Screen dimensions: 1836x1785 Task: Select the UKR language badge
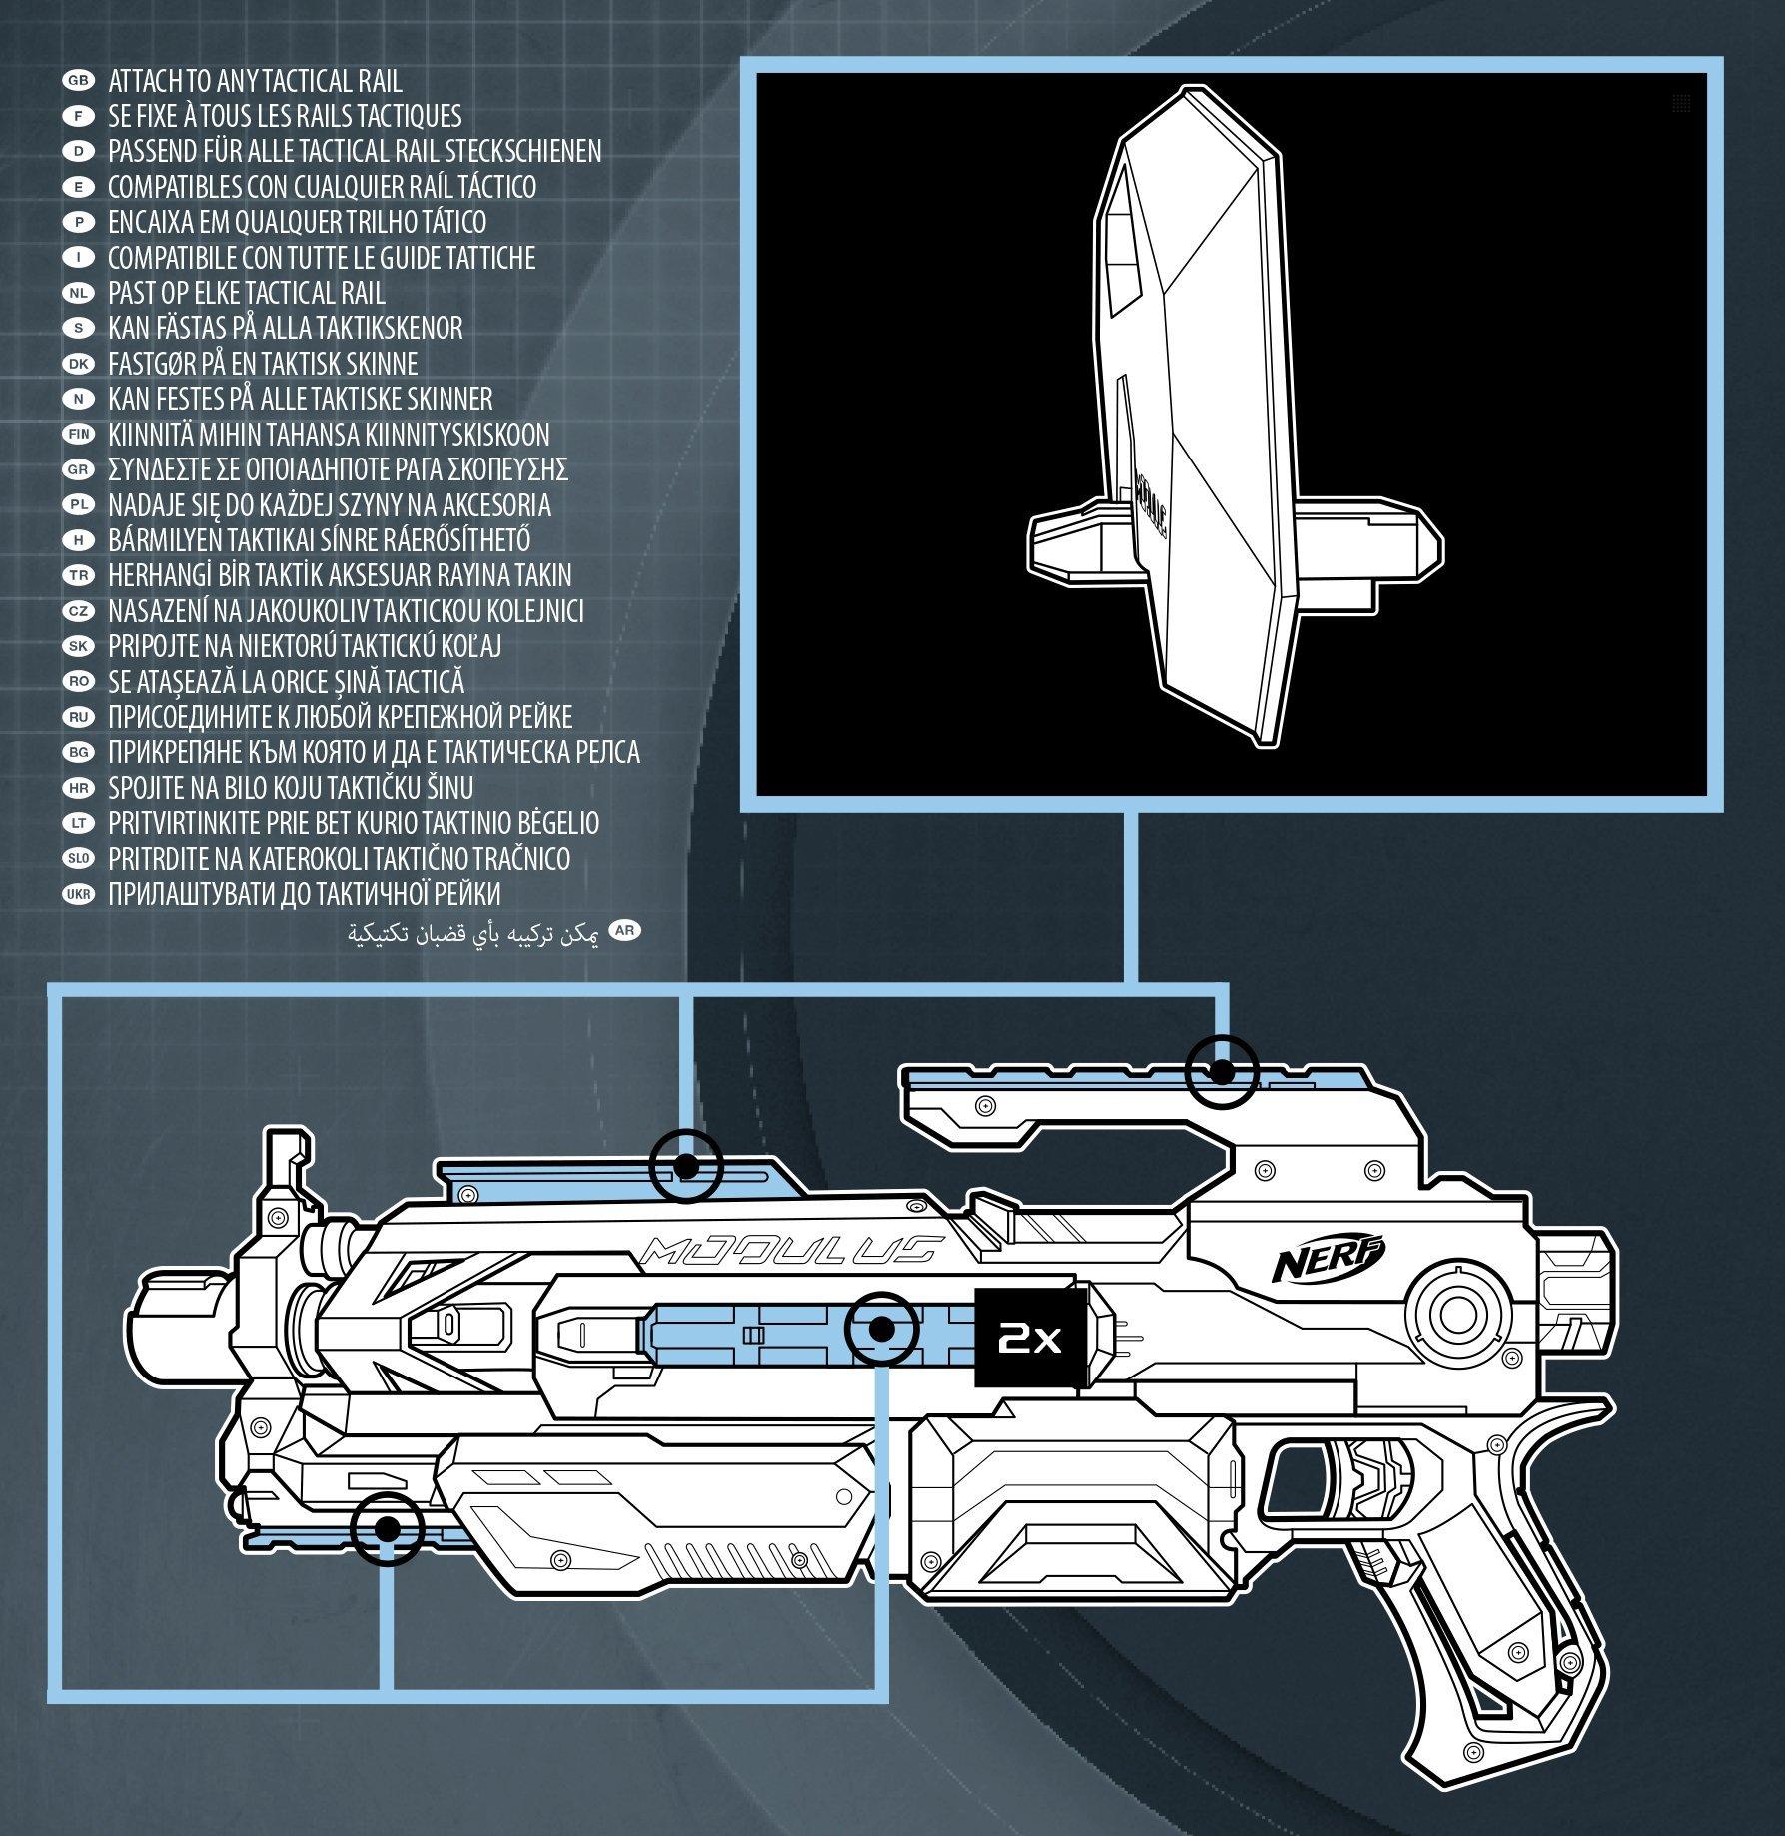click(77, 894)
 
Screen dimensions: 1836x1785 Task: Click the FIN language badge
click(77, 435)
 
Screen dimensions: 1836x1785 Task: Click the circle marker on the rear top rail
click(1220, 1071)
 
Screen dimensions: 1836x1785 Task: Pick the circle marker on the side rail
click(881, 1330)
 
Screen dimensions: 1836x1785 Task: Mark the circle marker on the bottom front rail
click(388, 1529)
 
